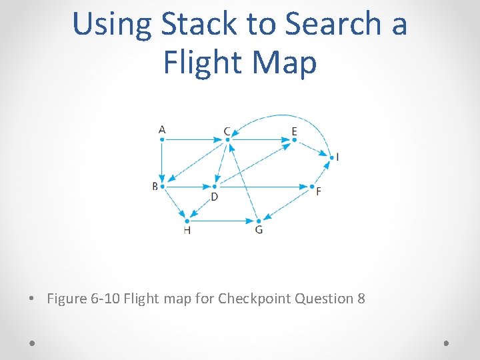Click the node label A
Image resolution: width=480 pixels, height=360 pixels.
point(162,129)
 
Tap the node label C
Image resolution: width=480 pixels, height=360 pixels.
point(227,131)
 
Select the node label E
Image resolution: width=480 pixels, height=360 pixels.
point(294,131)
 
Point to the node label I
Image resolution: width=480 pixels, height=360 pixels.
point(337,157)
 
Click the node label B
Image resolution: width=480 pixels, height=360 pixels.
point(155,186)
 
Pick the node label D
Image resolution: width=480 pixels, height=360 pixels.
point(214,197)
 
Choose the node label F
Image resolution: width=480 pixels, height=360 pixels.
point(318,191)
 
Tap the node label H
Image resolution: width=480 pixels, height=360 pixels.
point(187,230)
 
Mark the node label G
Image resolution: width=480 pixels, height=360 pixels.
point(259,230)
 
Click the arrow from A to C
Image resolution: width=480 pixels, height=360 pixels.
point(193,139)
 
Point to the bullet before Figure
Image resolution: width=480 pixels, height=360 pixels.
point(33,299)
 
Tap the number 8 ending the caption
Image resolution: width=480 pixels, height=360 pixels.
point(361,298)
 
